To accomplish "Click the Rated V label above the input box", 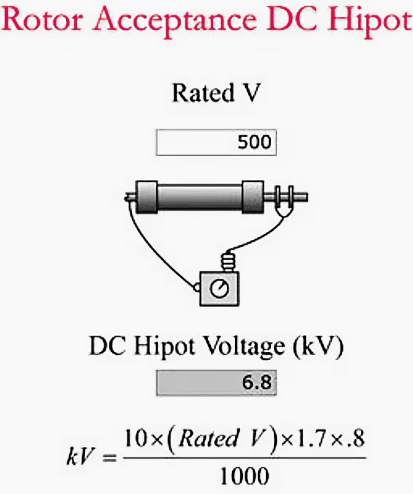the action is [217, 93].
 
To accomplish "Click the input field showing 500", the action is [216, 142].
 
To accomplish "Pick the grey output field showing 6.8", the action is [216, 383].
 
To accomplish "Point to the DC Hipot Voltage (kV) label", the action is [216, 347].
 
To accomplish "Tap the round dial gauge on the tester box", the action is [219, 288].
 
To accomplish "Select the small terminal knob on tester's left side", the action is [196, 288].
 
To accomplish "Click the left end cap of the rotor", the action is [146, 197].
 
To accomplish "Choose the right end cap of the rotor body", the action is [253, 197].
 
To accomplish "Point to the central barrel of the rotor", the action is [200, 198].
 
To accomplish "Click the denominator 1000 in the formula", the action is [245, 476].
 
